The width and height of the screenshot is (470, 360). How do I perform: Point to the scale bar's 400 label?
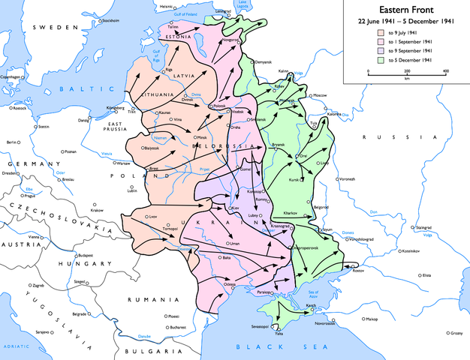click(445, 71)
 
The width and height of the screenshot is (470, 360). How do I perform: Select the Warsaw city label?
click(123, 163)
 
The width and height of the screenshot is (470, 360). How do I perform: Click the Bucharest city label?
click(177, 327)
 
